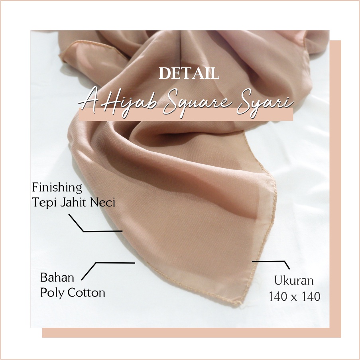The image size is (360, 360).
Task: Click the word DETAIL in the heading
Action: [x=189, y=74]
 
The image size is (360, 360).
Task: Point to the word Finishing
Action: [x=57, y=188]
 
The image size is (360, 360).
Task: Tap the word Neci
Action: [x=104, y=202]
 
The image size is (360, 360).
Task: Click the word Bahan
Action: [x=55, y=277]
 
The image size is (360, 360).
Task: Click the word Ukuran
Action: [x=294, y=280]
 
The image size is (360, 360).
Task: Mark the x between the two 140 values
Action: [x=295, y=297]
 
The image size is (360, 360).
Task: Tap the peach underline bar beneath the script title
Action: [x=186, y=115]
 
